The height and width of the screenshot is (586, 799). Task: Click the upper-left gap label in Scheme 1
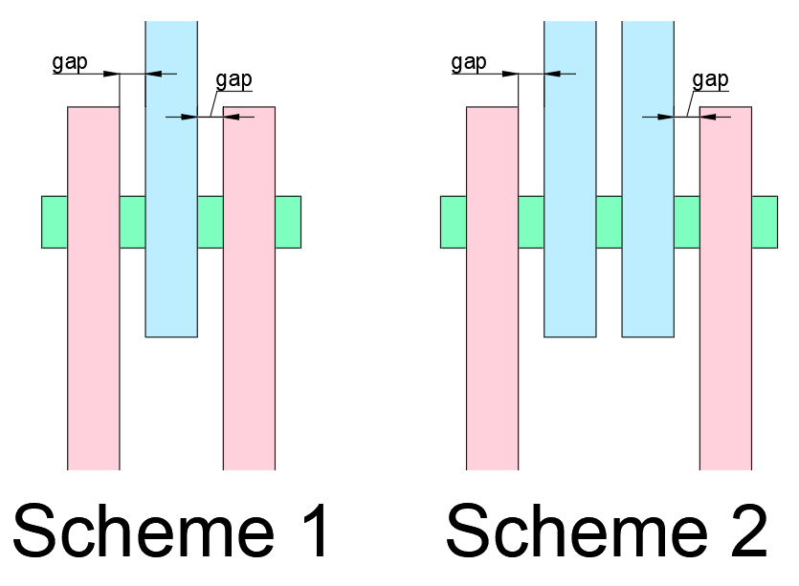point(70,64)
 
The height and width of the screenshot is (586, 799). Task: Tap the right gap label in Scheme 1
point(234,80)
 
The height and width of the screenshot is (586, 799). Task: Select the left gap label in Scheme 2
point(468,64)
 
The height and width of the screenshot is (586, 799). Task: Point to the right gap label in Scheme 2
point(710,80)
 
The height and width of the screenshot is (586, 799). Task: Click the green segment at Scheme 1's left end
point(54,222)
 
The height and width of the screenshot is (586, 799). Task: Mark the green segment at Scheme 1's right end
point(288,222)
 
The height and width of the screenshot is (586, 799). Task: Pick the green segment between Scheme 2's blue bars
point(609,222)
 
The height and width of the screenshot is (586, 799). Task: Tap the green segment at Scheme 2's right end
point(765,222)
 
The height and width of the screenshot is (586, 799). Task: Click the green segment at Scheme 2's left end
point(453,222)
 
